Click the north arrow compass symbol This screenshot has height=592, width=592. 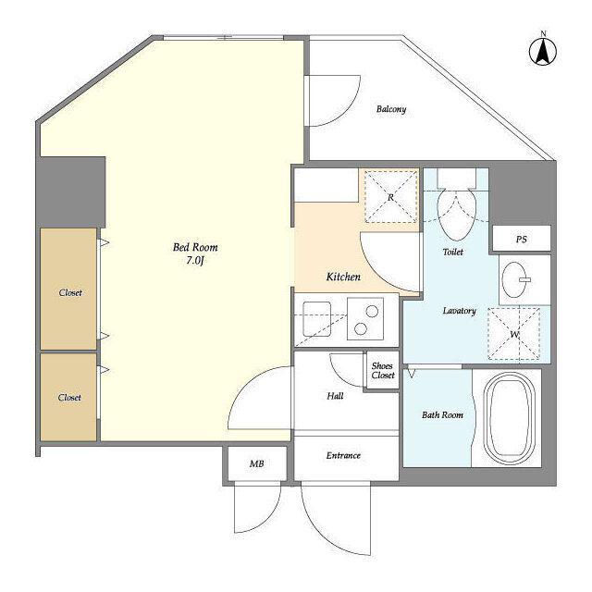[x=543, y=52]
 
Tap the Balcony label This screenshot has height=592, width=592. [x=391, y=109]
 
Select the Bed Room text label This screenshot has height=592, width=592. [x=195, y=247]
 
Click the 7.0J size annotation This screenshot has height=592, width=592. [x=195, y=261]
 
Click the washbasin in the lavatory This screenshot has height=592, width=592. [x=514, y=279]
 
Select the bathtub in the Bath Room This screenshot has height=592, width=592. [x=510, y=418]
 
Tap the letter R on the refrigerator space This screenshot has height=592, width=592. [x=390, y=197]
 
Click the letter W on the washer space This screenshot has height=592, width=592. [x=514, y=335]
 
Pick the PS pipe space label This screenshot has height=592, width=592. [x=521, y=240]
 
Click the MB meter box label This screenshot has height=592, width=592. [x=257, y=463]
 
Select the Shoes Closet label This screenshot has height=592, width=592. [x=383, y=370]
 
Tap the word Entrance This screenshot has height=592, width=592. [x=343, y=456]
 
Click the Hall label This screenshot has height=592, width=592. [x=335, y=396]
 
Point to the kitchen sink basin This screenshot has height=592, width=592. [x=316, y=318]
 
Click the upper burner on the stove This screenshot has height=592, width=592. [x=372, y=311]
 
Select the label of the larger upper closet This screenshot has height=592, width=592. [x=70, y=292]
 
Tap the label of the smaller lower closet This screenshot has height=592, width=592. [x=69, y=397]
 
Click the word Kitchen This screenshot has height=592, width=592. [x=343, y=277]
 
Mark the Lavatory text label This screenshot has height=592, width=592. [x=459, y=311]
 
